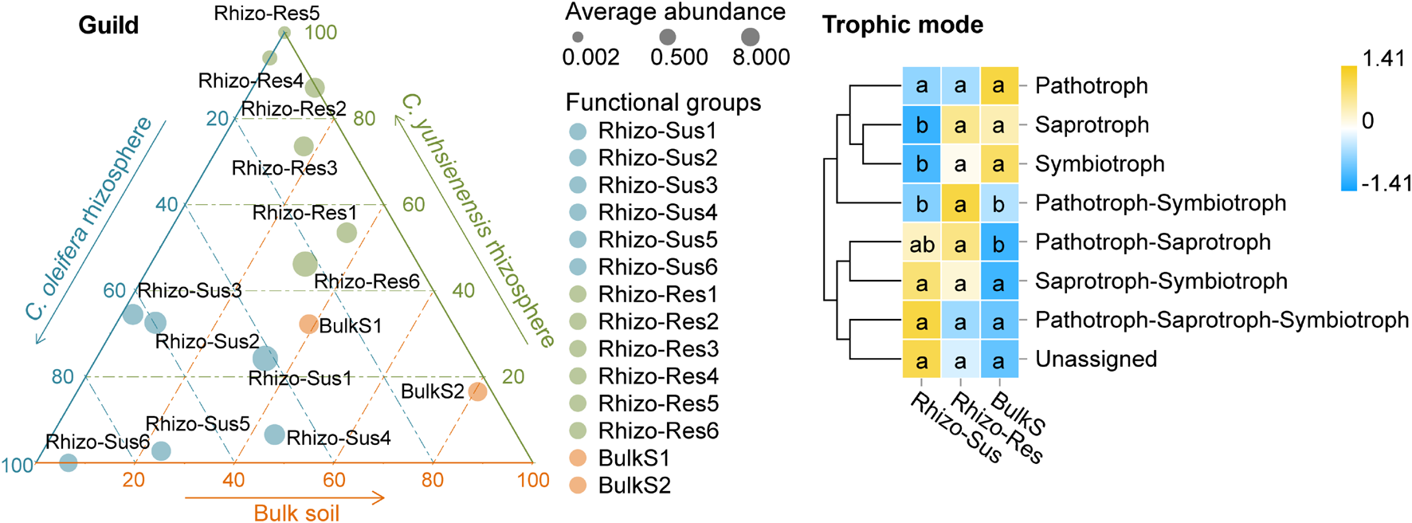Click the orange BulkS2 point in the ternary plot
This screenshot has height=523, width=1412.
(x=477, y=391)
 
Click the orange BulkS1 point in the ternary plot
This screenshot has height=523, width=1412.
(x=308, y=324)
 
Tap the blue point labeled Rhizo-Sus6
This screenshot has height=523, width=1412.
(x=69, y=462)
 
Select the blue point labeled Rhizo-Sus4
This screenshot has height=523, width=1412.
(x=274, y=435)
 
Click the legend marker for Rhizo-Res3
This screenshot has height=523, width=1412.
(x=578, y=349)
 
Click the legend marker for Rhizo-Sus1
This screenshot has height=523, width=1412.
(x=578, y=131)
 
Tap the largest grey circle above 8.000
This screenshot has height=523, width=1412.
(x=750, y=37)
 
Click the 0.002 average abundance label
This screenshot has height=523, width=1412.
(x=590, y=57)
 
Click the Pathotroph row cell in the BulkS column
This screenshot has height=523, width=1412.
(x=998, y=86)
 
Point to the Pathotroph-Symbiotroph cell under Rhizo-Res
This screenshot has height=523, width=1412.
(x=960, y=205)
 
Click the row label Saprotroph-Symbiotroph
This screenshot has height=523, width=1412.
(x=1161, y=281)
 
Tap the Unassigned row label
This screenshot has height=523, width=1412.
(x=1096, y=360)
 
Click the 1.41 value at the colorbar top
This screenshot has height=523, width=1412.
(x=1383, y=58)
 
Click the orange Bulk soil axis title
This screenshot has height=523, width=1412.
(x=296, y=513)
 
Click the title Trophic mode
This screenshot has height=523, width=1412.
(x=902, y=26)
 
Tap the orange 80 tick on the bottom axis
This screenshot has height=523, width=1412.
(x=433, y=480)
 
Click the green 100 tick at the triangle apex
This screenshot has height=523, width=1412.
(x=321, y=33)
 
